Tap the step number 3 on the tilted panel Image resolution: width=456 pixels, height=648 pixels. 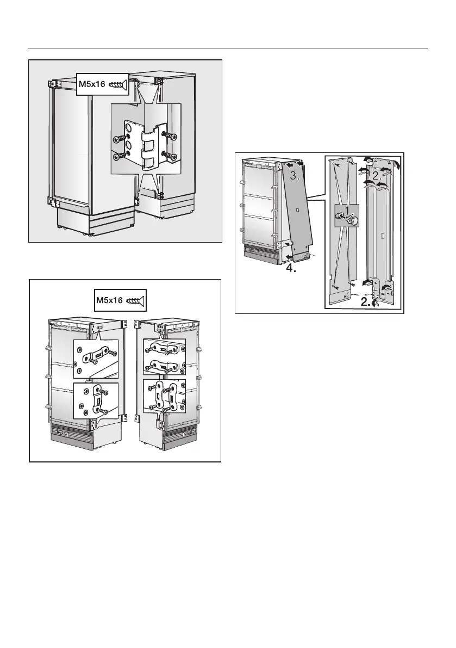[293, 176]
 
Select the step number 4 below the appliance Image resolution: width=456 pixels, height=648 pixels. [291, 267]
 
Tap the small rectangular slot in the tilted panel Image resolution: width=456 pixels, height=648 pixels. [299, 209]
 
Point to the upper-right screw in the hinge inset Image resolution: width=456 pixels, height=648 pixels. [170, 135]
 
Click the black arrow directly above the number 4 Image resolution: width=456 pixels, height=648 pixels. [284, 256]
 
